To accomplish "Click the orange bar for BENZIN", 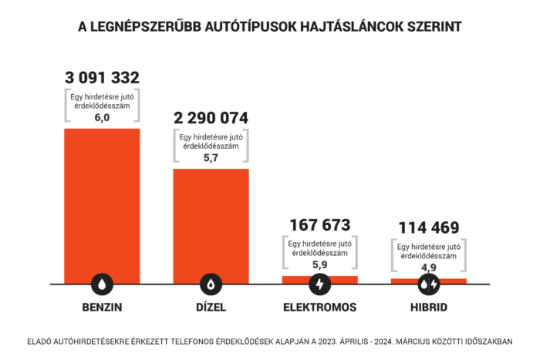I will [x=102, y=200].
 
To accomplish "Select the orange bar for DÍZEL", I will [x=211, y=220].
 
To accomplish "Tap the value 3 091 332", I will [x=102, y=78].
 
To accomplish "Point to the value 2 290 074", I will [x=211, y=119].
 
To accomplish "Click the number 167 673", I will [x=319, y=225].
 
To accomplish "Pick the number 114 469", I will [x=429, y=227].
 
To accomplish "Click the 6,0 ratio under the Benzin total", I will [x=102, y=117].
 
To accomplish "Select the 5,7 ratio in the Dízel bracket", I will [x=211, y=156].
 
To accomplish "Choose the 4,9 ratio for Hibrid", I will [x=429, y=267].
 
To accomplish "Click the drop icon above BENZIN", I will [x=102, y=284].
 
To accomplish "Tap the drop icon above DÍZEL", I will [x=211, y=284].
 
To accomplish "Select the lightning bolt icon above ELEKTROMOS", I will [x=319, y=284].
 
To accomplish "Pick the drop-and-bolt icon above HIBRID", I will [x=429, y=284].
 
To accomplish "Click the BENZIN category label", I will [x=102, y=307].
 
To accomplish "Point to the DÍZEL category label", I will [x=211, y=307].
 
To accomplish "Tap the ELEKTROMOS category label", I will [x=319, y=307].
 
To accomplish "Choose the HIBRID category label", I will [x=429, y=307].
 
